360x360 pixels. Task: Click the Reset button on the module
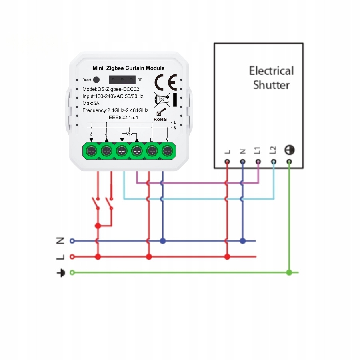click(x=96, y=80)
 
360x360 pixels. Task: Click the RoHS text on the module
click(x=160, y=119)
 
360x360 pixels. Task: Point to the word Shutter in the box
click(x=271, y=85)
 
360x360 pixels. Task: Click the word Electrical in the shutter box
click(x=271, y=71)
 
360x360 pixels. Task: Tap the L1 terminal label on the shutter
click(x=257, y=150)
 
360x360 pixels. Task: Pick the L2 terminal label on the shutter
click(x=273, y=150)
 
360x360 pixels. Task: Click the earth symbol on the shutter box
click(x=289, y=150)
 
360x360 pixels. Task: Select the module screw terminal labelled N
click(x=167, y=151)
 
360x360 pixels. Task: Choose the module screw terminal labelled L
click(x=152, y=151)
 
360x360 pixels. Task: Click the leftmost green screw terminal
click(x=92, y=151)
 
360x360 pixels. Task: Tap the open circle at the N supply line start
click(x=72, y=241)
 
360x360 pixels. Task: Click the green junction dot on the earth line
click(x=289, y=272)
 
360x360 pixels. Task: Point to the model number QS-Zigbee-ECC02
click(x=111, y=89)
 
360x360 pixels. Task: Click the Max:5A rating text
click(x=91, y=103)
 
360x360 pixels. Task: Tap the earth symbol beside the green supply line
click(x=61, y=273)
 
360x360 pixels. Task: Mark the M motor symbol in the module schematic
click(x=129, y=132)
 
